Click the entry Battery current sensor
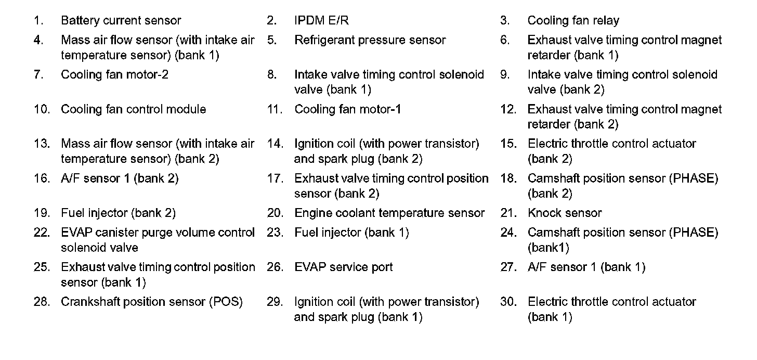pos(121,21)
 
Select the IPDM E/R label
pos(321,21)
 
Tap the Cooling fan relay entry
pos(573,21)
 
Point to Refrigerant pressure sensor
pos(370,40)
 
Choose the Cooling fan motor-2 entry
pos(114,74)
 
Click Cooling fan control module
pos(133,109)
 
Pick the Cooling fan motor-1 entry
pos(347,109)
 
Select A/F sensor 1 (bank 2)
pos(120,178)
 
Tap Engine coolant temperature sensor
pos(389,213)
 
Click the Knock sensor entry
pos(564,213)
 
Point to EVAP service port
pos(343,267)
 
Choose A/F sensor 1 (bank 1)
pos(586,267)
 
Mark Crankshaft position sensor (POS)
pos(152,302)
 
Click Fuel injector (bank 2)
pos(118,213)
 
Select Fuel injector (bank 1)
pos(351,233)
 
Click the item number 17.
pos(275,178)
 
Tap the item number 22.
pos(42,233)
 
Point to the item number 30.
pos(508,302)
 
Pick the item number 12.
pos(508,109)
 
